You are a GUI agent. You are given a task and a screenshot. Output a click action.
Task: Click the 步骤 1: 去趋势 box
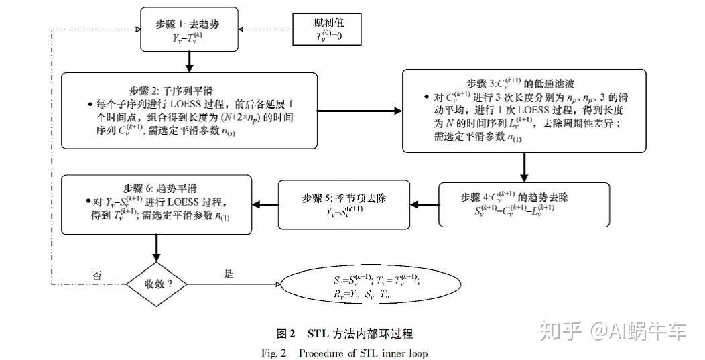tap(190, 29)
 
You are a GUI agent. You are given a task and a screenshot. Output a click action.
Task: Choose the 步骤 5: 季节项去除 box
tap(344, 204)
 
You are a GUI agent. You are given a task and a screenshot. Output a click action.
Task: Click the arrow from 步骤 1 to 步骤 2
tap(190, 62)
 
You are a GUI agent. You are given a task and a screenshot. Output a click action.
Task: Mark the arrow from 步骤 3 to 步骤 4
tap(524, 167)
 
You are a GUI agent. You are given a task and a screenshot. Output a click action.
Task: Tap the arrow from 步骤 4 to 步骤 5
tap(424, 204)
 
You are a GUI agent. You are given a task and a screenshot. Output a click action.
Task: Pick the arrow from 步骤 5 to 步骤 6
tap(267, 204)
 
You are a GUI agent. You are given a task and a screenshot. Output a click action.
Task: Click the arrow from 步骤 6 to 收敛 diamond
tap(157, 247)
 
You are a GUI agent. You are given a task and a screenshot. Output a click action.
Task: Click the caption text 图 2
tap(286, 333)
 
